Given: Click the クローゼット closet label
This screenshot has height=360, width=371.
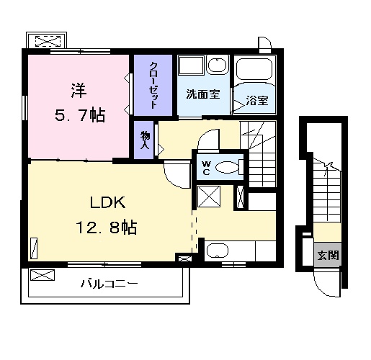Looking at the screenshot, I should [154, 85].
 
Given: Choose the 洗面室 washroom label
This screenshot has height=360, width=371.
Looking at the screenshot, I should [203, 94].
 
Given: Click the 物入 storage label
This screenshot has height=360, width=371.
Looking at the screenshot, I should [144, 139].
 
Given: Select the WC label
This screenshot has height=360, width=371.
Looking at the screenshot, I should [205, 167].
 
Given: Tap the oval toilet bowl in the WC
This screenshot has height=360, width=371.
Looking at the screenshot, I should [228, 168].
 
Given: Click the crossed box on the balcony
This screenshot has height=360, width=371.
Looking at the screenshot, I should [43, 274].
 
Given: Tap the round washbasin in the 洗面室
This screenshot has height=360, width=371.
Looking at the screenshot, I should [216, 67].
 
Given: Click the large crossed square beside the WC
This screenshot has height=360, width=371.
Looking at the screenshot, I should [210, 196].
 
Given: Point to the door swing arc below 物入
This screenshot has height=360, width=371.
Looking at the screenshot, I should [175, 173].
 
